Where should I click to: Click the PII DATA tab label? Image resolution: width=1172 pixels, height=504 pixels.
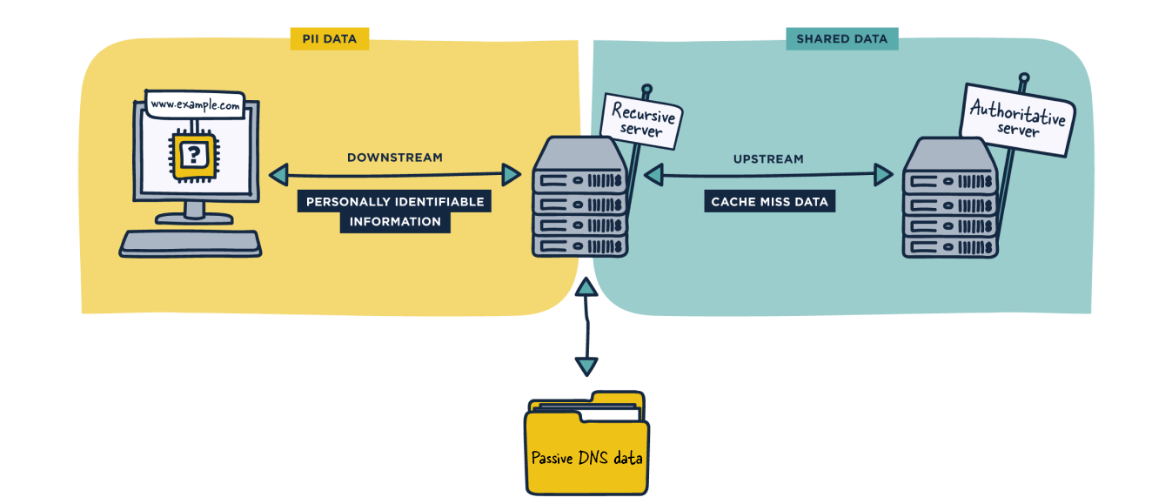pyautogui.click(x=328, y=38)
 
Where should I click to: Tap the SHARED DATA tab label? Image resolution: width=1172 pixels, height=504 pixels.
pyautogui.click(x=841, y=38)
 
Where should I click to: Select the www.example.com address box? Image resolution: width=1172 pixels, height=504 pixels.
pyautogui.click(x=194, y=104)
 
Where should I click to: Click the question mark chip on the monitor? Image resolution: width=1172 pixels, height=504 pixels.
pyautogui.click(x=192, y=156)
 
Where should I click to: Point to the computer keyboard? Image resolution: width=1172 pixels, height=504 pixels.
pyautogui.click(x=191, y=243)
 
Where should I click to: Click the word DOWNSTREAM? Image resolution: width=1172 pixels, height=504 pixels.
pyautogui.click(x=394, y=158)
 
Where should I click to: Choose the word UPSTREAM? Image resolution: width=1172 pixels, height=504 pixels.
pyautogui.click(x=768, y=159)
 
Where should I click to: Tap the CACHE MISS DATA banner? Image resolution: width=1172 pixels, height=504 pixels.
pyautogui.click(x=769, y=202)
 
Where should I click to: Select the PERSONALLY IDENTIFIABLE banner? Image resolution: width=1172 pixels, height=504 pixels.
pyautogui.click(x=394, y=202)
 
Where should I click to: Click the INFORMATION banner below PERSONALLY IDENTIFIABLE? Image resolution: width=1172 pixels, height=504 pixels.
pyautogui.click(x=395, y=222)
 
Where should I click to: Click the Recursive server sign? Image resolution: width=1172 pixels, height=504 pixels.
pyautogui.click(x=643, y=120)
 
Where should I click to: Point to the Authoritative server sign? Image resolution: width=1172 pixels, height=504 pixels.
pyautogui.click(x=1016, y=120)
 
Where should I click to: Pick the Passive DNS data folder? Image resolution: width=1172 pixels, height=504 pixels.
pyautogui.click(x=586, y=448)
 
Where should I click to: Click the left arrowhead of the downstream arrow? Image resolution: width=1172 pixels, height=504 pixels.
pyautogui.click(x=278, y=176)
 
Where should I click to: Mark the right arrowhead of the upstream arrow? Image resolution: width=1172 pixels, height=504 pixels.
pyautogui.click(x=884, y=176)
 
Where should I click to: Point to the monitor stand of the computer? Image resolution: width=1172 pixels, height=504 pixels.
pyautogui.click(x=194, y=212)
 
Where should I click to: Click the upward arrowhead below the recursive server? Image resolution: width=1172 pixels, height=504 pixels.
pyautogui.click(x=587, y=288)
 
